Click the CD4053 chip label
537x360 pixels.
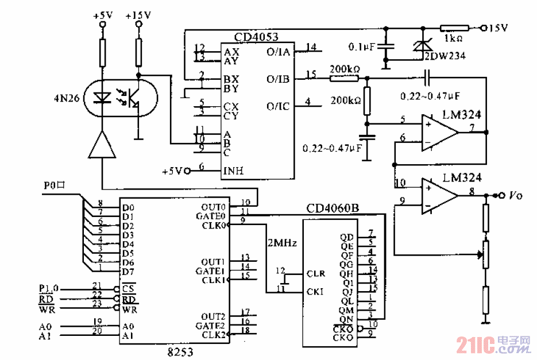pyautogui.click(x=256, y=37)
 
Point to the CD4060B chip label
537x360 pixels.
pyautogui.click(x=333, y=208)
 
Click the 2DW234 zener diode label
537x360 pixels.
pyautogui.click(x=445, y=56)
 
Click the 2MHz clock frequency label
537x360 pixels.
pyautogui.click(x=281, y=243)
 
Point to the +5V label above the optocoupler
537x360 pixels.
pyautogui.click(x=103, y=16)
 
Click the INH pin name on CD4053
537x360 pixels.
pyautogui.click(x=234, y=171)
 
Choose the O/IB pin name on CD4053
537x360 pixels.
pyautogui.click(x=278, y=79)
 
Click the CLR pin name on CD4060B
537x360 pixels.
pyautogui.click(x=316, y=274)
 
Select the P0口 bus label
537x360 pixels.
pyautogui.click(x=55, y=186)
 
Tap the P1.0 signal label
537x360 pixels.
pyautogui.click(x=49, y=288)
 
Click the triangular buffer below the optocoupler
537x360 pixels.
pyautogui.click(x=102, y=145)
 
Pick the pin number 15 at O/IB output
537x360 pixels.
pyautogui.click(x=311, y=74)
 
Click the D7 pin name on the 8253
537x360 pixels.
pyautogui.click(x=128, y=271)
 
